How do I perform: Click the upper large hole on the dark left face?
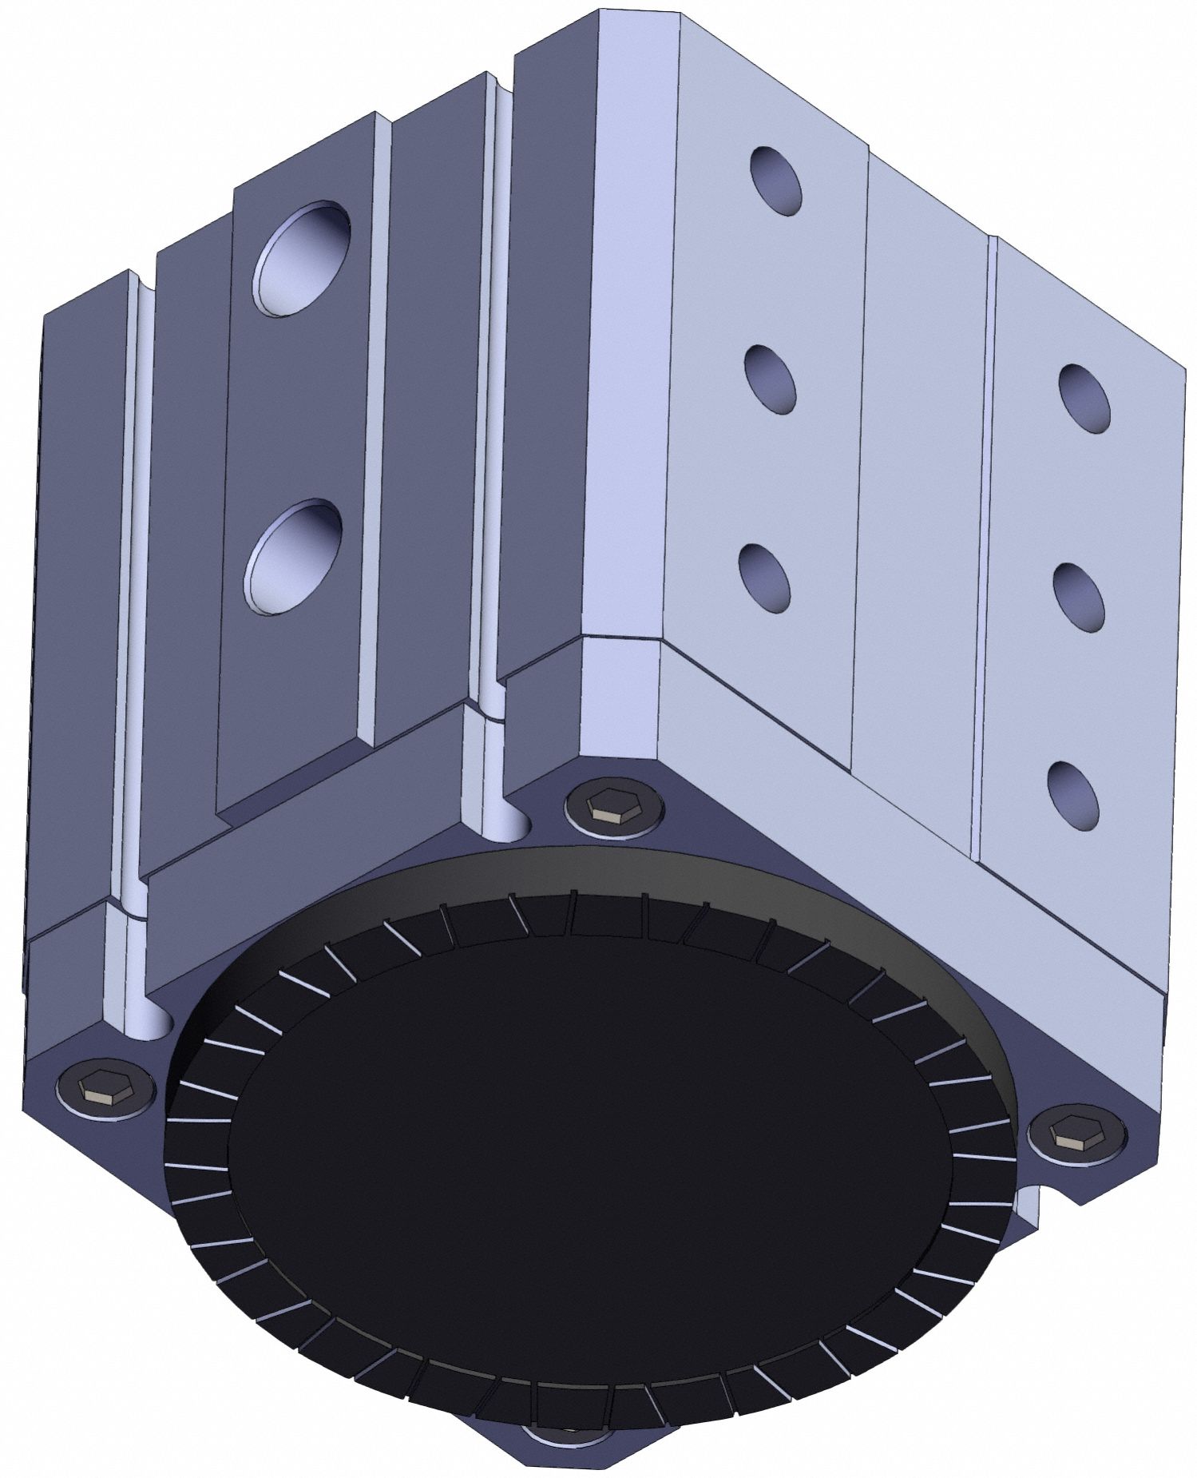click(x=301, y=257)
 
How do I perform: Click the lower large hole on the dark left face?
click(x=293, y=556)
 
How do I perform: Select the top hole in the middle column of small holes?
click(x=775, y=181)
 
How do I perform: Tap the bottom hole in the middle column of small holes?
click(x=765, y=577)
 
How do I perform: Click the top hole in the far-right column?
click(x=1084, y=399)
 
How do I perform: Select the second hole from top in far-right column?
click(x=1079, y=596)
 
